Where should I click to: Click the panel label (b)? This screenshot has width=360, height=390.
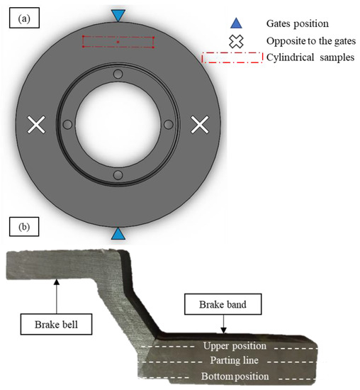click(x=23, y=227)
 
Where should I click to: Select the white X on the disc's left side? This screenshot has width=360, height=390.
click(x=36, y=125)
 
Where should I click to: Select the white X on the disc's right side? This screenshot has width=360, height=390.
click(x=201, y=125)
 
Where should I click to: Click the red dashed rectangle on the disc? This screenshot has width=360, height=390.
click(x=118, y=43)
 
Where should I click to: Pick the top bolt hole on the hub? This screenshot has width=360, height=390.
click(x=118, y=74)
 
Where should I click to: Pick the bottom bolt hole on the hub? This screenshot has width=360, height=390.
click(x=118, y=175)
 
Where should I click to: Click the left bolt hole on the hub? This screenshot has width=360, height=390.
click(x=68, y=125)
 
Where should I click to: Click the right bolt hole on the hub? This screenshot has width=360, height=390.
click(x=169, y=125)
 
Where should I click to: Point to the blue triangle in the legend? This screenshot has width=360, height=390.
click(x=238, y=23)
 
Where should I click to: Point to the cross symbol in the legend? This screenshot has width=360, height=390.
click(x=238, y=41)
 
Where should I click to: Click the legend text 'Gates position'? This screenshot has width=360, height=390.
click(x=297, y=23)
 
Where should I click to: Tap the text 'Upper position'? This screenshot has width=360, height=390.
click(x=234, y=346)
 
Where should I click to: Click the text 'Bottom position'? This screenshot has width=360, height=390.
click(x=235, y=376)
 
